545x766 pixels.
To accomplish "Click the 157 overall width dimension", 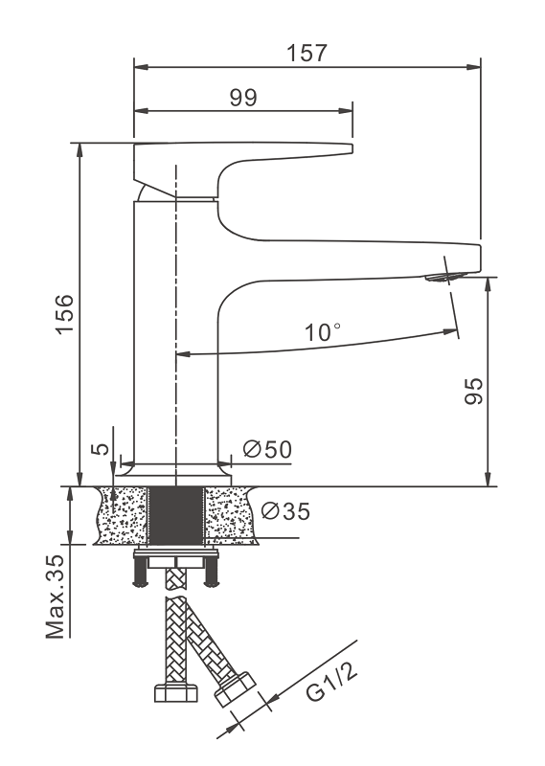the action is pyautogui.click(x=307, y=54).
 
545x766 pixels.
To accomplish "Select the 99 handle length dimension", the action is pyautogui.click(x=243, y=98).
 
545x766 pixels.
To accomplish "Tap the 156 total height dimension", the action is pyautogui.click(x=64, y=314).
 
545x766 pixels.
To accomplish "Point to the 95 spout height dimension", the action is pyautogui.click(x=473, y=391).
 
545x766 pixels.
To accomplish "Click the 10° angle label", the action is pyautogui.click(x=323, y=332).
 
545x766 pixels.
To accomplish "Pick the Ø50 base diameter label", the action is pyautogui.click(x=267, y=449).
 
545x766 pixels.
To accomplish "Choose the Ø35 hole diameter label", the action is pyautogui.click(x=285, y=511).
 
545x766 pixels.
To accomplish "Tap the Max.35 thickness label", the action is pyautogui.click(x=56, y=597).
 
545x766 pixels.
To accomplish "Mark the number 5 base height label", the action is pyautogui.click(x=101, y=448).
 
